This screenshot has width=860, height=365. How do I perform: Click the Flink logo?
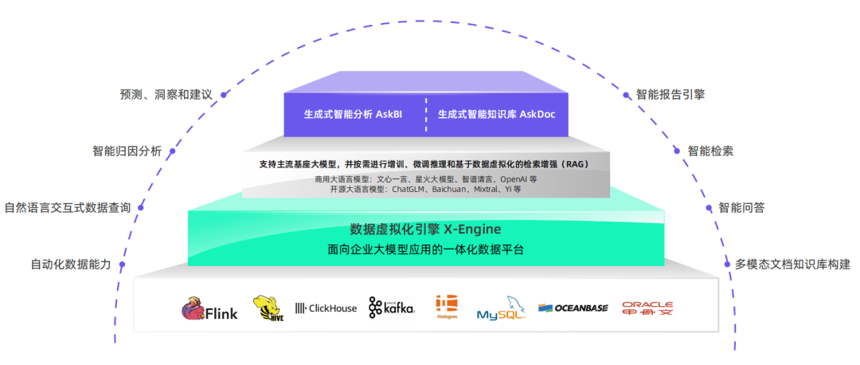click(209, 308)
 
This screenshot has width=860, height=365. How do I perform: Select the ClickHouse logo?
click(326, 308)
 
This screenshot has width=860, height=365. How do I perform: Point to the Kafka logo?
click(391, 308)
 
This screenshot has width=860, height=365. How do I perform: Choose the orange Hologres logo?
click(446, 307)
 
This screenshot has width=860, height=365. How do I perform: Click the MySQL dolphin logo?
click(502, 308)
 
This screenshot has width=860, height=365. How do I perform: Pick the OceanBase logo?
click(574, 308)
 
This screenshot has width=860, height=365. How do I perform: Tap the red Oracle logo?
click(647, 308)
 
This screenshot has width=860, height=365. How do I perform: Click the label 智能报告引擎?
click(670, 94)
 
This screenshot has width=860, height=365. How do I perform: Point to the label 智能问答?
click(741, 208)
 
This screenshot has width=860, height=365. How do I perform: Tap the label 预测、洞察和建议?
click(166, 94)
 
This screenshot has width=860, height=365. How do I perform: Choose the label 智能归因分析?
click(127, 151)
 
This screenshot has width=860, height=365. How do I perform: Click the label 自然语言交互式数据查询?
click(68, 208)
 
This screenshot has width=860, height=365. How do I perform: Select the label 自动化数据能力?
click(71, 265)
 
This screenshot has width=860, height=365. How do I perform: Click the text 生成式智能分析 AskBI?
click(353, 114)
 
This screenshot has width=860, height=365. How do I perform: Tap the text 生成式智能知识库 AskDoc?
click(497, 114)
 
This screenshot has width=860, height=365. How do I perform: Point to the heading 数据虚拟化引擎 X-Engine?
click(425, 229)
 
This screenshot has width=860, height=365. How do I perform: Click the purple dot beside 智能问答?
click(709, 208)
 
